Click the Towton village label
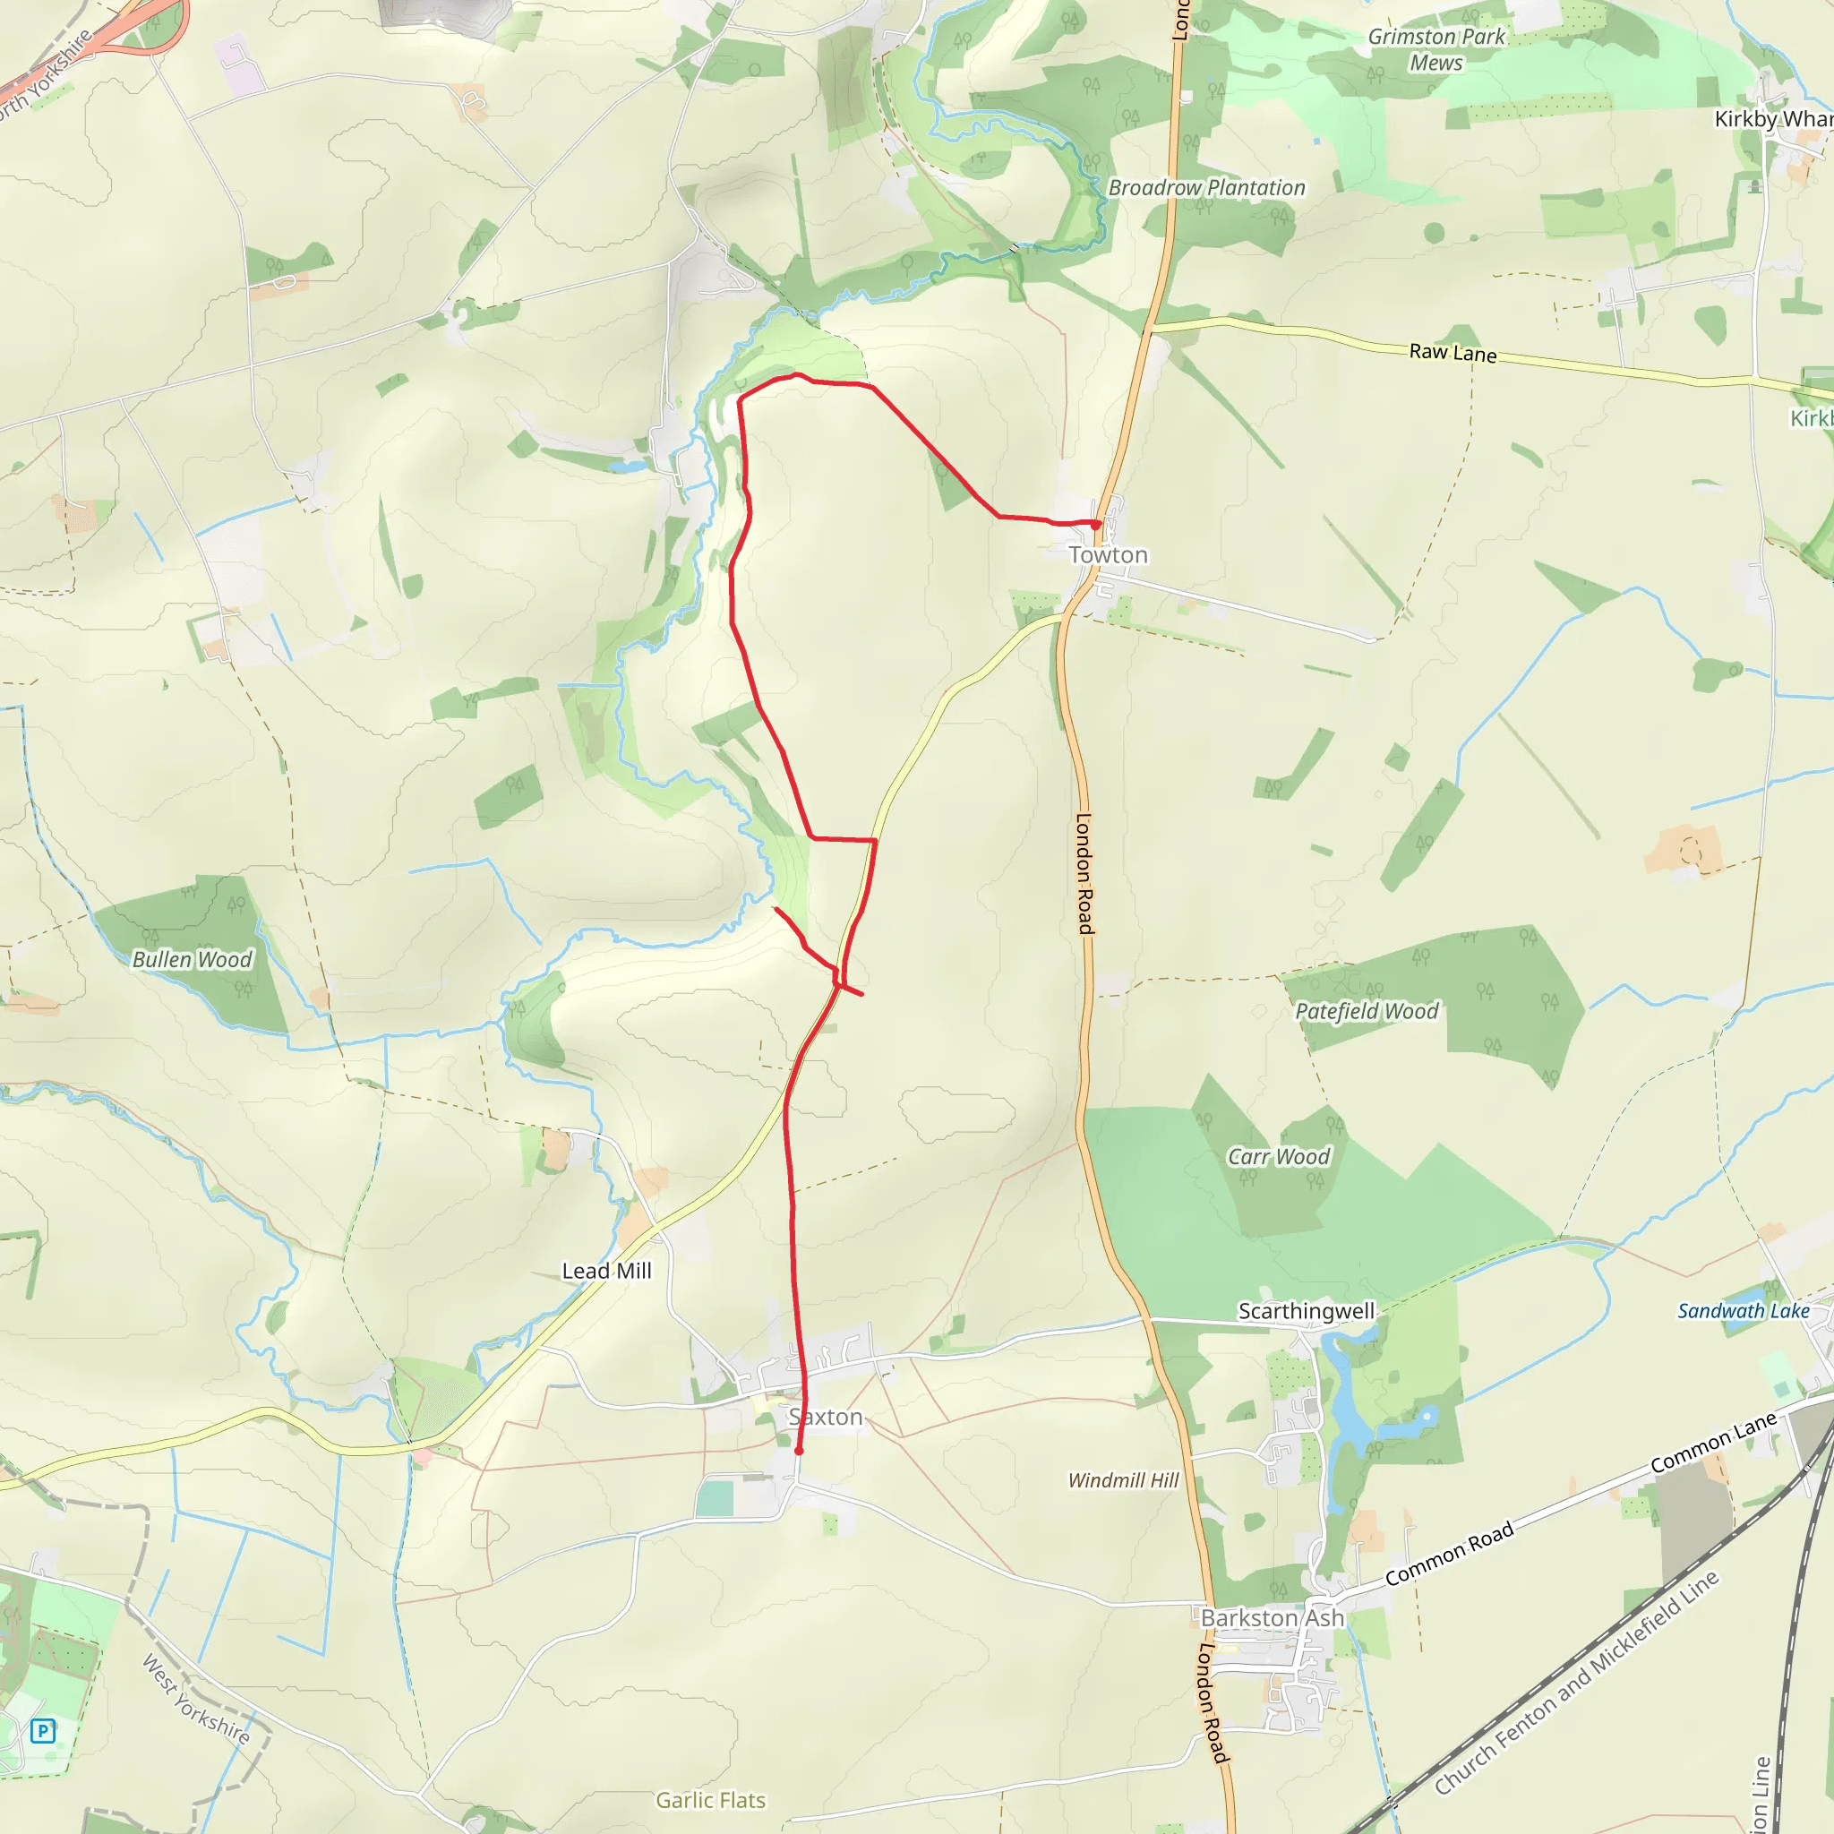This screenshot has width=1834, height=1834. (x=1108, y=554)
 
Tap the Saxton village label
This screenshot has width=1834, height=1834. (x=826, y=1417)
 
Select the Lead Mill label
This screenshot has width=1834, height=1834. (x=606, y=1270)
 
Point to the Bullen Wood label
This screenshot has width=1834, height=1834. (x=193, y=959)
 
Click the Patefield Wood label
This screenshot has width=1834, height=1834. (x=1367, y=1011)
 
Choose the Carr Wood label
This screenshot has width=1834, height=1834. (x=1279, y=1156)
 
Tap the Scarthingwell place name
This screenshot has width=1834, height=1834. (x=1307, y=1311)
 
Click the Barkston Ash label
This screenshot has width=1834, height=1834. (x=1272, y=1617)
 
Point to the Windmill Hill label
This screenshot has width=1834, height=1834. (x=1123, y=1480)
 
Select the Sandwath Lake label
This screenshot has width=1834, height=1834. (x=1743, y=1311)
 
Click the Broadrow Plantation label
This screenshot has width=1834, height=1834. (x=1206, y=188)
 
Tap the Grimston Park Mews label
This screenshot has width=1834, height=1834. (x=1436, y=49)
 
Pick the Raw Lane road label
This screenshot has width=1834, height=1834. (x=1453, y=352)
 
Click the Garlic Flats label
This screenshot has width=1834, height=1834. (x=710, y=1800)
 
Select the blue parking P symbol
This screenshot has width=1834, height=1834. (x=43, y=1730)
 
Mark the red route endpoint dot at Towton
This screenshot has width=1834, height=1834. (x=1095, y=524)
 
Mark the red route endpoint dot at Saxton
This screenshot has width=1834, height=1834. (x=800, y=1451)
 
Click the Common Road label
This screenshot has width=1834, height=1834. (x=1449, y=1555)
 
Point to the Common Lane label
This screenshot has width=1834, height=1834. (x=1712, y=1443)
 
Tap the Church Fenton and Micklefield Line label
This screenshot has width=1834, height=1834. (x=1576, y=1682)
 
